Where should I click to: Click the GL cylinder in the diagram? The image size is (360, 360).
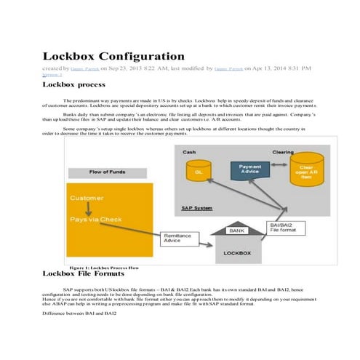pyautogui.click(x=199, y=172)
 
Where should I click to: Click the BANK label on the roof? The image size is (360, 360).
pyautogui.click(x=236, y=230)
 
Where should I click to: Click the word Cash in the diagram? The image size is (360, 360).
pyautogui.click(x=188, y=152)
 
